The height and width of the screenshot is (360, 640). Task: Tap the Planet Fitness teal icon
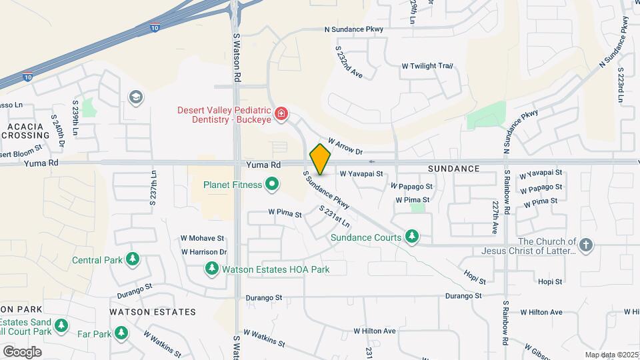(271, 185)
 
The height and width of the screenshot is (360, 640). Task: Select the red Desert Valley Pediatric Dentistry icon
(281, 114)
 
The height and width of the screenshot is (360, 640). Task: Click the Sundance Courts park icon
(413, 237)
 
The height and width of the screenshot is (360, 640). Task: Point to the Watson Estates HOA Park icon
(212, 269)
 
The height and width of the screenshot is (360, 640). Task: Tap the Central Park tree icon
(133, 259)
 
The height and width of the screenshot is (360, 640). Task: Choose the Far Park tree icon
(121, 332)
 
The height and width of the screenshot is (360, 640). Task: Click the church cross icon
(586, 245)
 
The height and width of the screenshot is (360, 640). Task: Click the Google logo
(22, 351)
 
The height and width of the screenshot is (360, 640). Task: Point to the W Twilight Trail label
(427, 66)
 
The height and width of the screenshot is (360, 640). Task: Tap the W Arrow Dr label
(345, 147)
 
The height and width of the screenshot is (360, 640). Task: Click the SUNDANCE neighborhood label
(454, 169)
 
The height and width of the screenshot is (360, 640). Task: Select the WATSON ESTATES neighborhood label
(153, 311)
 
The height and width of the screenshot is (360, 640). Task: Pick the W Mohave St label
(202, 238)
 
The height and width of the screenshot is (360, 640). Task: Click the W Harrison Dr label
(204, 252)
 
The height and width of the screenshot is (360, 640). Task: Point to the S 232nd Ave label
(349, 62)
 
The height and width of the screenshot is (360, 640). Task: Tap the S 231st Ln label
(334, 218)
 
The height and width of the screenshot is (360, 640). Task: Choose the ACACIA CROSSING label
(26, 131)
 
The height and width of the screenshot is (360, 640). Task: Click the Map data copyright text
(611, 355)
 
